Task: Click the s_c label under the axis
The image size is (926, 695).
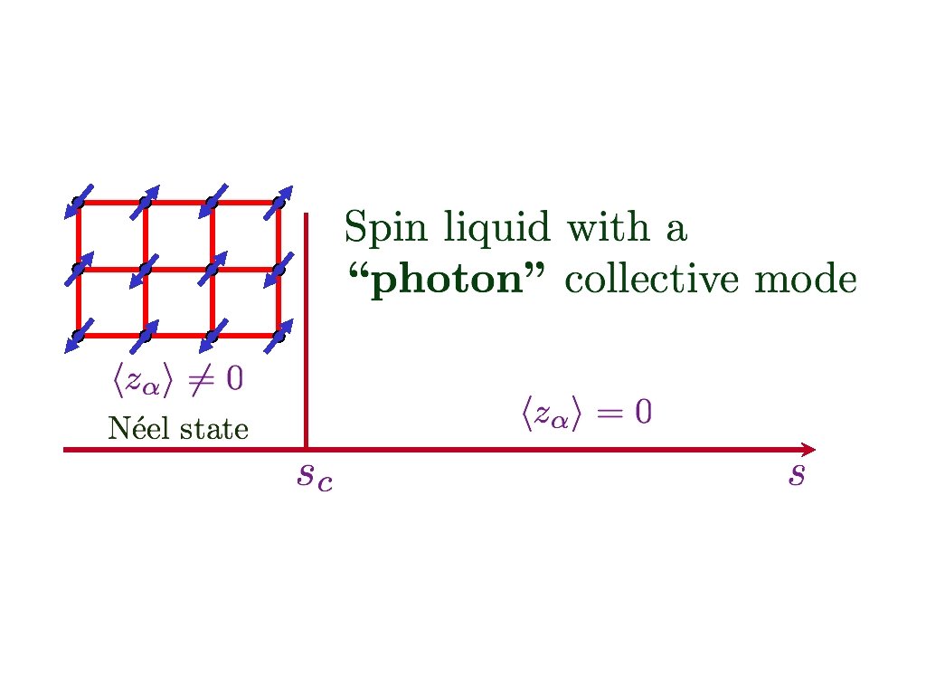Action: [x=315, y=476]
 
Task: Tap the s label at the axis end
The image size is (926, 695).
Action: [x=796, y=474]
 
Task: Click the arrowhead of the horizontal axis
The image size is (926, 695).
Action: [x=808, y=449]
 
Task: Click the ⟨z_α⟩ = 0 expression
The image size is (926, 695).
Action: [x=585, y=414]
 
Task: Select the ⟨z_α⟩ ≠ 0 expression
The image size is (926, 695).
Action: [x=177, y=380]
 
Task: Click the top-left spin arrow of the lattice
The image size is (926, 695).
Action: [x=79, y=202]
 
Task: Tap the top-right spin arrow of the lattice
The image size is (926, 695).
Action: [x=279, y=201]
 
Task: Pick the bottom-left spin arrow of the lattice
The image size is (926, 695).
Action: [x=79, y=335]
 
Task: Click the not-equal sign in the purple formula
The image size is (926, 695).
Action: [x=199, y=380]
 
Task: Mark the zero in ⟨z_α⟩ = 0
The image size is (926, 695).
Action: [x=643, y=414]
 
